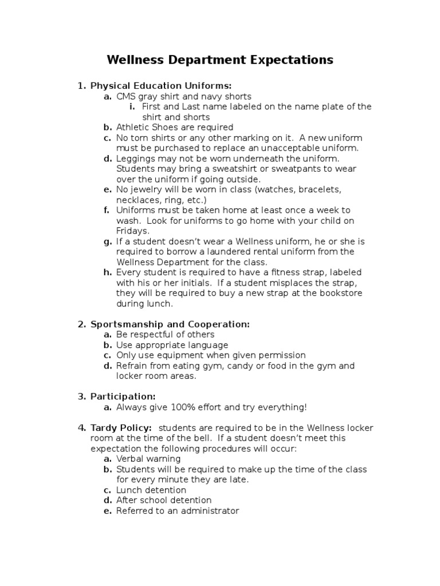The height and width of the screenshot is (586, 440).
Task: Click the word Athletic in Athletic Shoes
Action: click(x=133, y=128)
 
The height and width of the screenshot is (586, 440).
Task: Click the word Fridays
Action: click(x=132, y=231)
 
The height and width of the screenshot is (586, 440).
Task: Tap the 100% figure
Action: click(x=176, y=407)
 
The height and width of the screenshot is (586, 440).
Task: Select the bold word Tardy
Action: click(x=104, y=428)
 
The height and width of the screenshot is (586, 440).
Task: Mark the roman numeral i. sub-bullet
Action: click(x=132, y=107)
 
